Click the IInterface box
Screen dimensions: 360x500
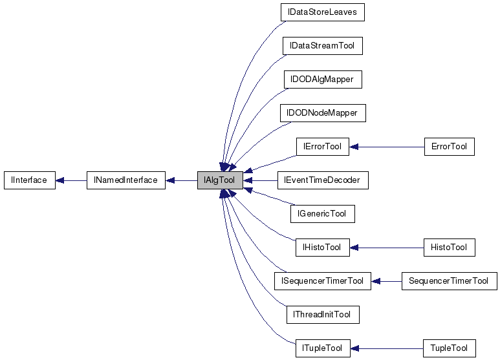29,180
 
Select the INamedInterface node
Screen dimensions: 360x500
126,180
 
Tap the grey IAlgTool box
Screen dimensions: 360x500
220,180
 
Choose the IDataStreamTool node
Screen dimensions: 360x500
322,46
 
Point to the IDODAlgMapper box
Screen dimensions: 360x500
322,79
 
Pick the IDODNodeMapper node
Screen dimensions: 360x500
322,113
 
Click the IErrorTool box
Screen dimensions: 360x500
322,147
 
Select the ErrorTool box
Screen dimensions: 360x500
449,147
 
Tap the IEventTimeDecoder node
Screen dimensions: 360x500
322,180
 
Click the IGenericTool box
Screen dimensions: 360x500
322,214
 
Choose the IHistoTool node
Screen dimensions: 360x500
322,248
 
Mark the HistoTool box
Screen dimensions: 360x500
449,248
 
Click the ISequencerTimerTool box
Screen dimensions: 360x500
322,281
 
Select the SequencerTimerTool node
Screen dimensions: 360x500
449,281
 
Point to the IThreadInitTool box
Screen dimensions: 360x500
322,315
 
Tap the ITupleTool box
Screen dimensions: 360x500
322,348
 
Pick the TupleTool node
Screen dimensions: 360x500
449,348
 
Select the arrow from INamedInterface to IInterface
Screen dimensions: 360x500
71,180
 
